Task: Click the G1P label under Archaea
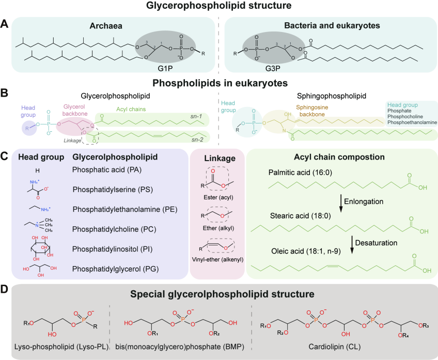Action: click(165, 68)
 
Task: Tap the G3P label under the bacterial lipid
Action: click(273, 68)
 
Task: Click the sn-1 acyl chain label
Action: click(196, 116)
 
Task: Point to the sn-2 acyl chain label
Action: click(197, 139)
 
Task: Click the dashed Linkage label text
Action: click(72, 140)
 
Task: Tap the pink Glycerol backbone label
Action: click(74, 110)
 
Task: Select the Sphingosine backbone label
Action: click(312, 111)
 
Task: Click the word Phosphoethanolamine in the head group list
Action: click(412, 122)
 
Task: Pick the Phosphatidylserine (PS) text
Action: click(113, 190)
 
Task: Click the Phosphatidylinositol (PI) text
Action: click(112, 249)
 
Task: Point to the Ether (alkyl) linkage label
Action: click(218, 228)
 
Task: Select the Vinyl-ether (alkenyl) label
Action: click(217, 259)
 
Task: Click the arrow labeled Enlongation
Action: click(341, 204)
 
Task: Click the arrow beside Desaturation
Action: click(352, 245)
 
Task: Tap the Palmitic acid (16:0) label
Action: click(300, 173)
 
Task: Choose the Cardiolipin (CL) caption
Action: click(334, 347)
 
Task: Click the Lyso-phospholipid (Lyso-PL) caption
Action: click(61, 347)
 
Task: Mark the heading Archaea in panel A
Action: click(106, 26)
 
